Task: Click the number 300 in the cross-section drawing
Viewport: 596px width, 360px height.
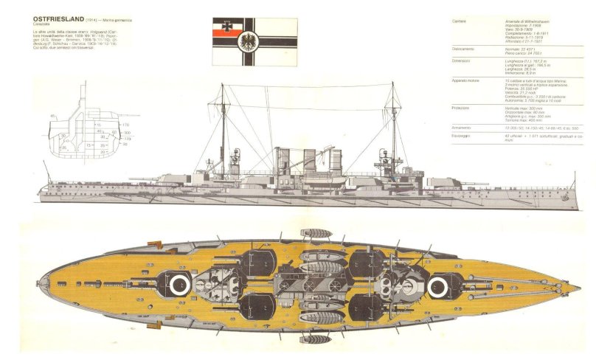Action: [x=126, y=132]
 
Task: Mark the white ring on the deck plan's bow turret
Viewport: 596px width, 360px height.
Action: [x=438, y=285]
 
